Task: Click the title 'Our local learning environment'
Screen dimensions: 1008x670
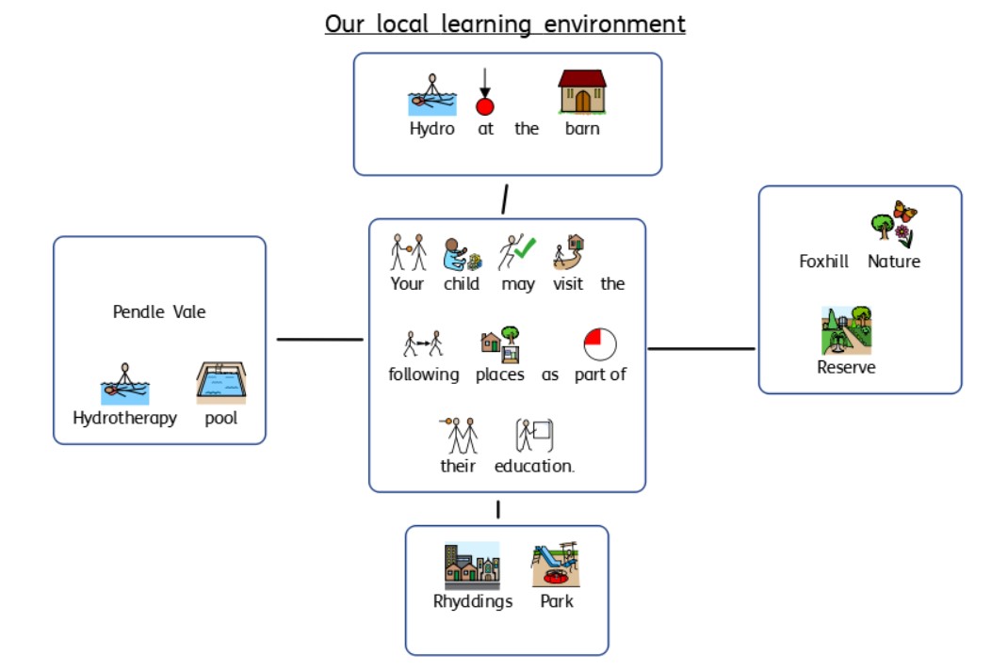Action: [x=505, y=24]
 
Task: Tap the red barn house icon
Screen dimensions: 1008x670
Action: [x=582, y=92]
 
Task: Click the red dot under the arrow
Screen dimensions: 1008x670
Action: [x=485, y=106]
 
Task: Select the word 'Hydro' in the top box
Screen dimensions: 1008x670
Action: [x=432, y=129]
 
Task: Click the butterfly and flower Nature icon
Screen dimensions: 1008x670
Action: [x=894, y=224]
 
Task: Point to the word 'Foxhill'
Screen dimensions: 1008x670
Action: [x=823, y=262]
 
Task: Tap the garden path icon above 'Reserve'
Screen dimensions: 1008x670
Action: [x=846, y=330]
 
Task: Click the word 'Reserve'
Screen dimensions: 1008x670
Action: [x=846, y=367]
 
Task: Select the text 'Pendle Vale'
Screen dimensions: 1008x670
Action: [x=159, y=312]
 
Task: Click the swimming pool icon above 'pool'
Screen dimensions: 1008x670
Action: [x=221, y=383]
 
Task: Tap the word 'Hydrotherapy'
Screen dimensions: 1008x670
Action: [x=124, y=418]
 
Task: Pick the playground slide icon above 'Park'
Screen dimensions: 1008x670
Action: [x=556, y=564]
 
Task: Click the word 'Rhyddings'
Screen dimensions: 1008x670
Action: [x=473, y=601]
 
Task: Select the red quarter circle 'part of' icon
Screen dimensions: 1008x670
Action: [x=600, y=344]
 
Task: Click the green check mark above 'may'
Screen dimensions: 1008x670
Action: [x=526, y=248]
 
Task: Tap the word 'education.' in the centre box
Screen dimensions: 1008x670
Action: [x=534, y=466]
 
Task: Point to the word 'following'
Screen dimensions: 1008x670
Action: [x=424, y=375]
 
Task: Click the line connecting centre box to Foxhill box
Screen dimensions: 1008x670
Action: [x=701, y=349]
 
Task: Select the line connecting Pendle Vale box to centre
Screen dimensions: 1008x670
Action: [x=320, y=339]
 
